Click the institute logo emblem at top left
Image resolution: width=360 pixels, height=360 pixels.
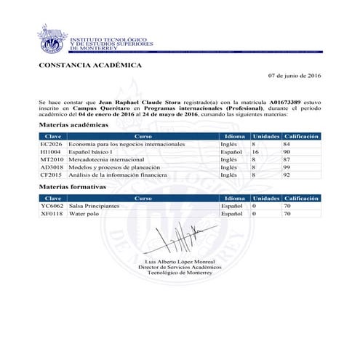(52, 43)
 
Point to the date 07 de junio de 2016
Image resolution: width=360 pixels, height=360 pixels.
(294, 76)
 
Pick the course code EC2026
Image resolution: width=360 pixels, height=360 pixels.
(52, 144)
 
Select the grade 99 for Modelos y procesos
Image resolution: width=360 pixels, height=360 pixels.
(287, 167)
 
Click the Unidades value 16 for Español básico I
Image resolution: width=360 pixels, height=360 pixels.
(256, 152)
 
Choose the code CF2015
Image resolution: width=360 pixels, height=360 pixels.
(52, 175)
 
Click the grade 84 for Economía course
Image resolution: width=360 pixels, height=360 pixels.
(287, 144)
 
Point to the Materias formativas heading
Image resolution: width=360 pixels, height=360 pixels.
(73, 187)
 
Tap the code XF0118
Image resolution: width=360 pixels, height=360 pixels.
(52, 215)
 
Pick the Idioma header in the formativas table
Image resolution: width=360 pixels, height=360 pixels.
(234, 198)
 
